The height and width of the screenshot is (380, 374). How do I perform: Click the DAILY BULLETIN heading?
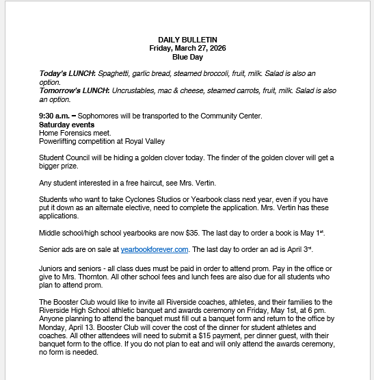click(x=187, y=40)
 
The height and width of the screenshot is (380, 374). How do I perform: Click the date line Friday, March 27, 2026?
click(x=187, y=48)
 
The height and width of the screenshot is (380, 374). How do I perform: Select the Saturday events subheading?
click(x=67, y=125)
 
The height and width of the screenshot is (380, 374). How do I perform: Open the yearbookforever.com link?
click(x=154, y=250)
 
